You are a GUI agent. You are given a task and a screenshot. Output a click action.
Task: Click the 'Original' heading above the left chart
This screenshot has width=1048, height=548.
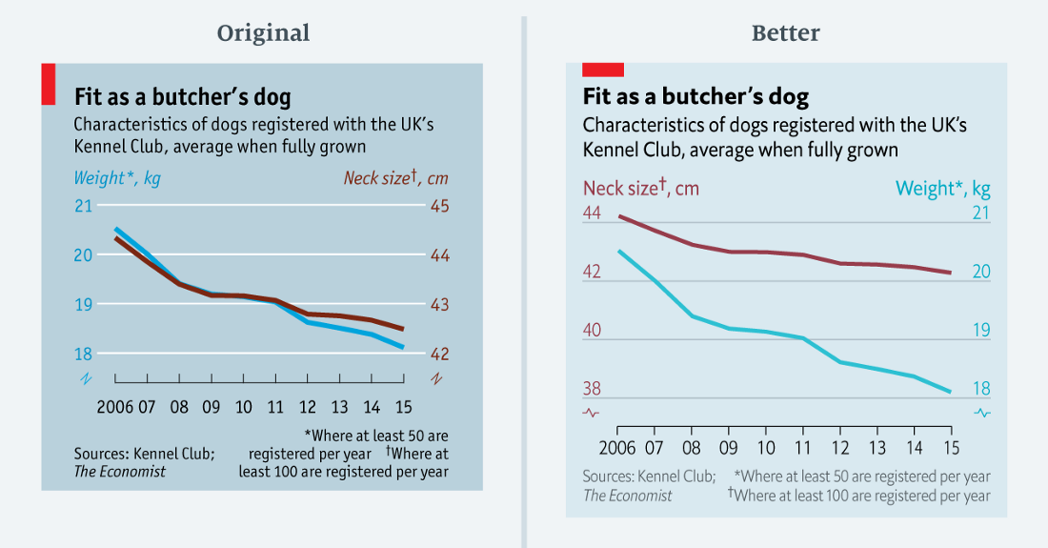point(263,33)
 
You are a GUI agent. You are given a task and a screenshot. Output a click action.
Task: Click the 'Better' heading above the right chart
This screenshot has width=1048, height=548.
point(785,33)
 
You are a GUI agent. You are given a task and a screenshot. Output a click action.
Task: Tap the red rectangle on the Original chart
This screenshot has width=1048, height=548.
point(48,84)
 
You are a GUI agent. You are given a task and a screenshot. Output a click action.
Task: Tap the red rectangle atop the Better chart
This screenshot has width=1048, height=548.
point(602,69)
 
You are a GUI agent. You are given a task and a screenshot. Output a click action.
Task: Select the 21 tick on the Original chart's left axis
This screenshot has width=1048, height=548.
point(84,206)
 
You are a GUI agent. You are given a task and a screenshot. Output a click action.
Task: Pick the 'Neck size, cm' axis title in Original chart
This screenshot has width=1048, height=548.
point(395,177)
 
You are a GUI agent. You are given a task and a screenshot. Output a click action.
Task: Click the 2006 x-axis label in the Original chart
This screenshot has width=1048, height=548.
point(114,407)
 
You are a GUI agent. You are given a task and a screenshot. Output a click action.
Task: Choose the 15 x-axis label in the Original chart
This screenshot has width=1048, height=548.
point(403,407)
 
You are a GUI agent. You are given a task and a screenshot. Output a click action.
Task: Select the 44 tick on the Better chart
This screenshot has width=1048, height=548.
point(592,213)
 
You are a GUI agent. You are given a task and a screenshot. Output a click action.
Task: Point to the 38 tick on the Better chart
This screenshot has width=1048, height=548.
point(592,389)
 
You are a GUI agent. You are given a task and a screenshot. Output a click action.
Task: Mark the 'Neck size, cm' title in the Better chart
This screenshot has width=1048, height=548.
point(640,188)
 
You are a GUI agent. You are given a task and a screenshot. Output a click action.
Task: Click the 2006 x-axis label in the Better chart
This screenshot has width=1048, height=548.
point(617,447)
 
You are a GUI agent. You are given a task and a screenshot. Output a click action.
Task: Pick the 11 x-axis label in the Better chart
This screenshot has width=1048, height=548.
point(802,447)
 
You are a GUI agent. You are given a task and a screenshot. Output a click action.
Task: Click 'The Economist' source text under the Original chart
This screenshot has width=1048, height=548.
point(120,471)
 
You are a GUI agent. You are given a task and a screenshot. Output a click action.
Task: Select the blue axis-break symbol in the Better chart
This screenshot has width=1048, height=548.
point(981,413)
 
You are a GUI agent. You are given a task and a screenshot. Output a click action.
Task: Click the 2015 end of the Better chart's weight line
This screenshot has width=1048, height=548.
point(950,391)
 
